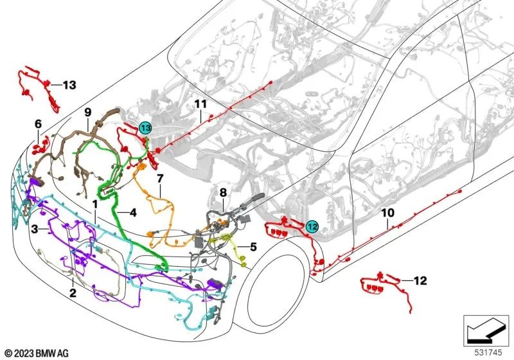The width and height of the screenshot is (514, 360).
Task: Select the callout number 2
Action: pyautogui.click(x=73, y=293)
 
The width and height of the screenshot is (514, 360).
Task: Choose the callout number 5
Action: pyautogui.click(x=253, y=246)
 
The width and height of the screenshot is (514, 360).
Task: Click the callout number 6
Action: pyautogui.click(x=38, y=123)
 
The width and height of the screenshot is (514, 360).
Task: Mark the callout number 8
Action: pyautogui.click(x=223, y=192)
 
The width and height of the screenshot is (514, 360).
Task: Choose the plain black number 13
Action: pyautogui.click(x=69, y=85)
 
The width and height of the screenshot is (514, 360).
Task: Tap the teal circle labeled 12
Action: pyautogui.click(x=312, y=226)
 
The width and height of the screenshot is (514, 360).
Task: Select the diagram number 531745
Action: pyautogui.click(x=488, y=352)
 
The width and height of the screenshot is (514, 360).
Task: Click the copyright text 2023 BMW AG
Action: pyautogui.click(x=37, y=353)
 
